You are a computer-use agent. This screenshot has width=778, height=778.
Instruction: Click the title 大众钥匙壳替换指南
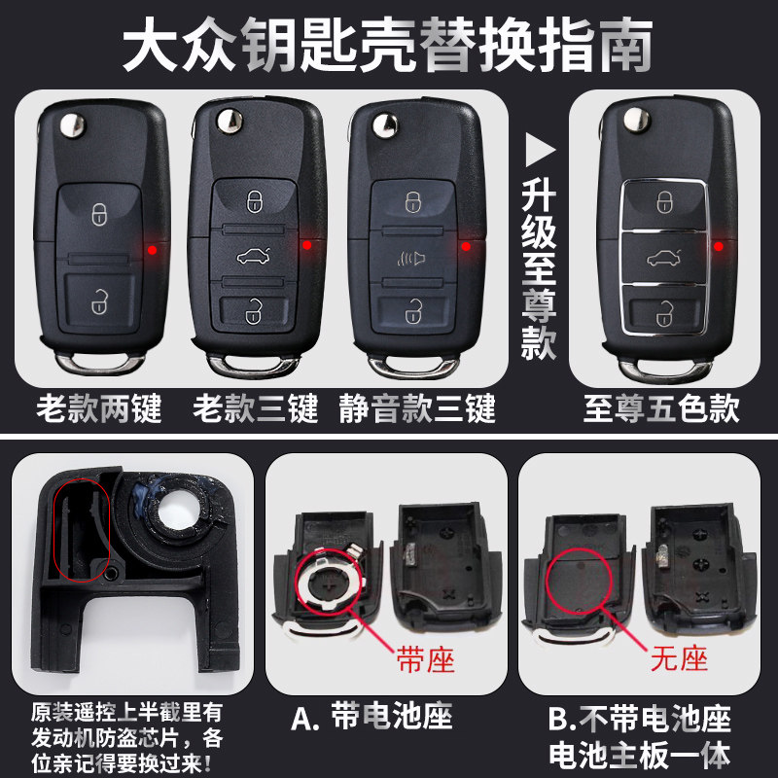[x=387, y=45]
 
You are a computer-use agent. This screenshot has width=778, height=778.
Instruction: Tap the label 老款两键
[x=99, y=408]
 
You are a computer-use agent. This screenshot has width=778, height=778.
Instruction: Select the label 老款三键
[x=255, y=408]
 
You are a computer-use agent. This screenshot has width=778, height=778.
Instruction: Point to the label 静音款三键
[x=417, y=408]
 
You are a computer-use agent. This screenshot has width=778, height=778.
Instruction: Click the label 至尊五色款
[x=661, y=408]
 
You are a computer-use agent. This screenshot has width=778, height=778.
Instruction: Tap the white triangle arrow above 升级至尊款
[x=540, y=149]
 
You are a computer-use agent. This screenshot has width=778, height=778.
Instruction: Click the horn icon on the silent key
[x=411, y=258]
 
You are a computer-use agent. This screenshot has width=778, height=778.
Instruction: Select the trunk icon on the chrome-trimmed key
[x=663, y=258]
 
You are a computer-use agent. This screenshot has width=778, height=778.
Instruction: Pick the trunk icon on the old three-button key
[x=254, y=256]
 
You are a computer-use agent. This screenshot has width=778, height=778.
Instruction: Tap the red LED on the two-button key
[x=153, y=250]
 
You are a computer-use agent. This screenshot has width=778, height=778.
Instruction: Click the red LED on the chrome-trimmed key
[x=718, y=246]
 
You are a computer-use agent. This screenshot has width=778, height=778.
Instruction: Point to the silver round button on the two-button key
[x=72, y=124]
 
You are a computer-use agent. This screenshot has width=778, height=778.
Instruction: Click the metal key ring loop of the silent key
[x=412, y=368]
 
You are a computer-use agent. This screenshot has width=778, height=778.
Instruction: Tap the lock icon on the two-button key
[x=99, y=214]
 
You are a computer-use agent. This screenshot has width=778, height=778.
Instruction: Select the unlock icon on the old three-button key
[x=254, y=311]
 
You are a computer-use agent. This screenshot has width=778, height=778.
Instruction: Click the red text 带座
[x=425, y=660]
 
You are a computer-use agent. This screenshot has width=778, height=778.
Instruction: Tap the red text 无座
[x=679, y=659]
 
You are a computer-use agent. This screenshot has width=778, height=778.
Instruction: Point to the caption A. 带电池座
[x=371, y=718]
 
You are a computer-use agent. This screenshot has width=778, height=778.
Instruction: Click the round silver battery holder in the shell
[x=329, y=582]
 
